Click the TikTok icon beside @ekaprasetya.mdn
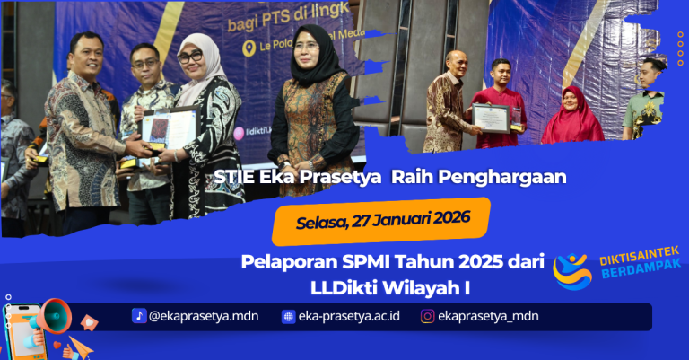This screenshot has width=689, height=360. coord(139,315)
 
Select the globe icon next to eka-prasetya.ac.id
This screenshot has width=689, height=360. coord(288,316)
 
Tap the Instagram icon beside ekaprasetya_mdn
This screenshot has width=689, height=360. coord(428,316)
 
